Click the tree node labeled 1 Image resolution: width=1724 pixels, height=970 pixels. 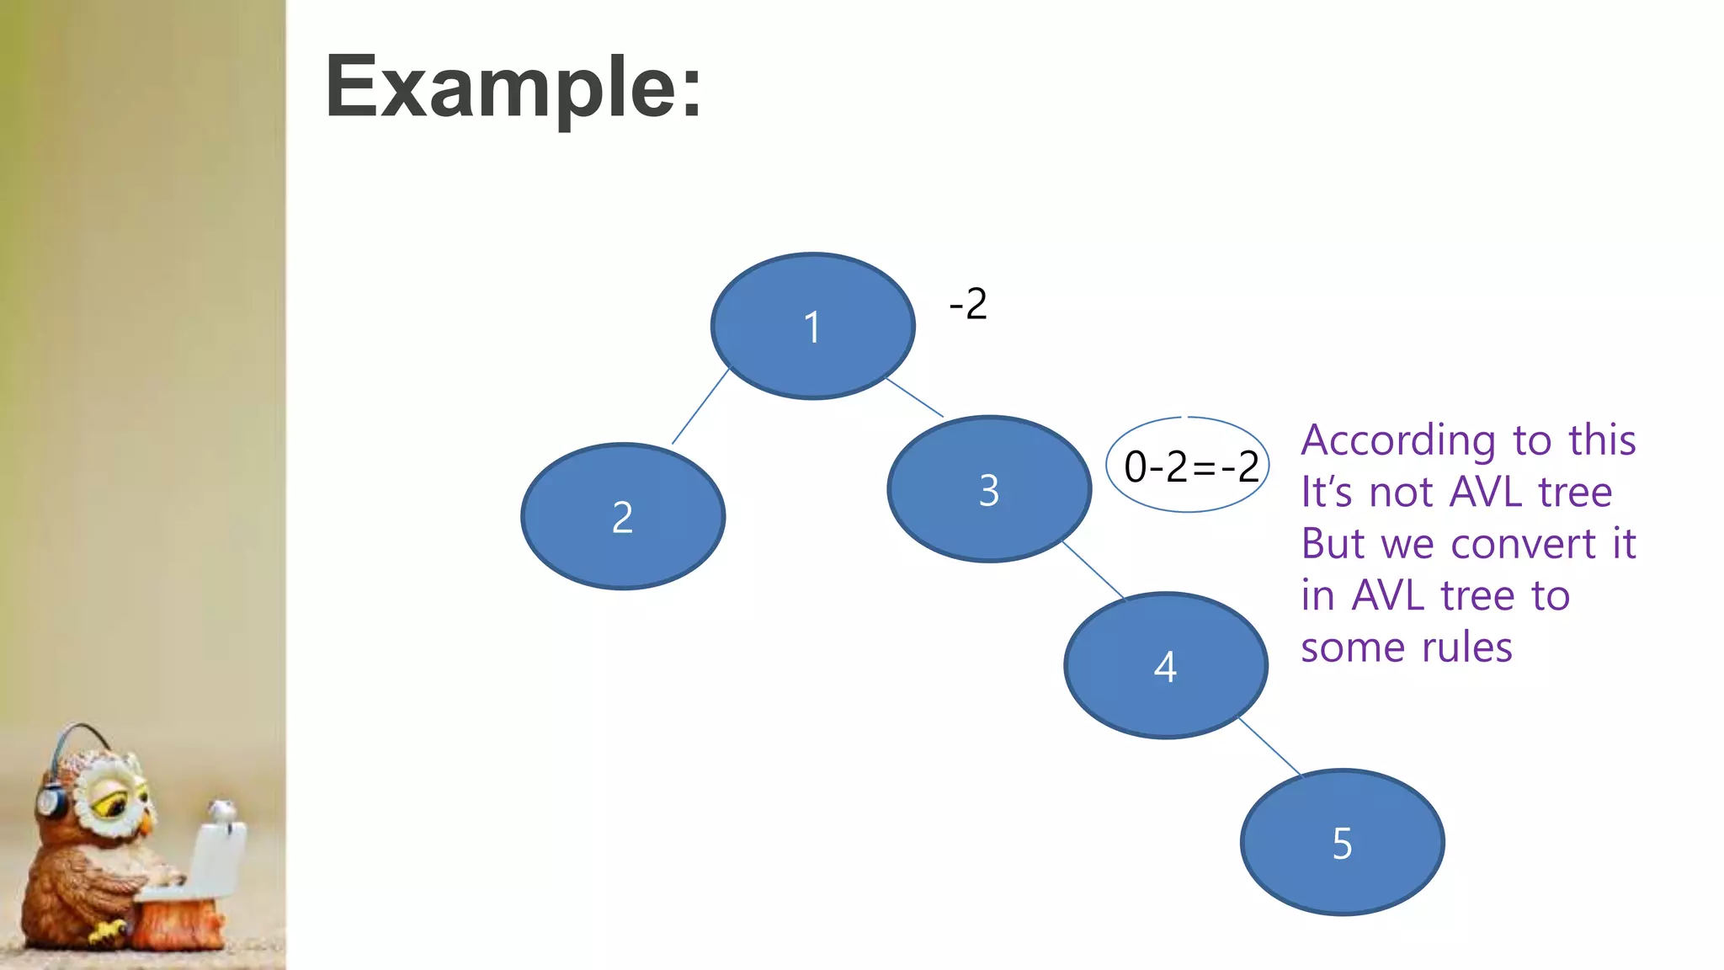click(812, 326)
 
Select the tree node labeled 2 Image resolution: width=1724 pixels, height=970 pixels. click(623, 516)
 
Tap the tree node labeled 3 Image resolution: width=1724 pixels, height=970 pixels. click(989, 489)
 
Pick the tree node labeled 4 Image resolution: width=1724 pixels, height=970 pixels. click(1166, 666)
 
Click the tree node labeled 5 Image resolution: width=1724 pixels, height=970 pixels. click(1343, 843)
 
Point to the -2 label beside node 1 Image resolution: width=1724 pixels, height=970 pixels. click(968, 304)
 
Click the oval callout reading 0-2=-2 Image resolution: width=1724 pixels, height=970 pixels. click(1188, 466)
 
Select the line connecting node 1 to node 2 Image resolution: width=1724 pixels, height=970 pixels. click(700, 406)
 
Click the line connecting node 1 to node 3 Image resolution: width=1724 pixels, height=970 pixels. click(915, 397)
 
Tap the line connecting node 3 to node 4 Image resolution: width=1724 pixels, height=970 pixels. click(1093, 570)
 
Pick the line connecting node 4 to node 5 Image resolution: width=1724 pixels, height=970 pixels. click(1270, 747)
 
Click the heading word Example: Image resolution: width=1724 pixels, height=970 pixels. click(513, 87)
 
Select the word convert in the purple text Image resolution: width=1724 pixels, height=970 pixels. click(1524, 544)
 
